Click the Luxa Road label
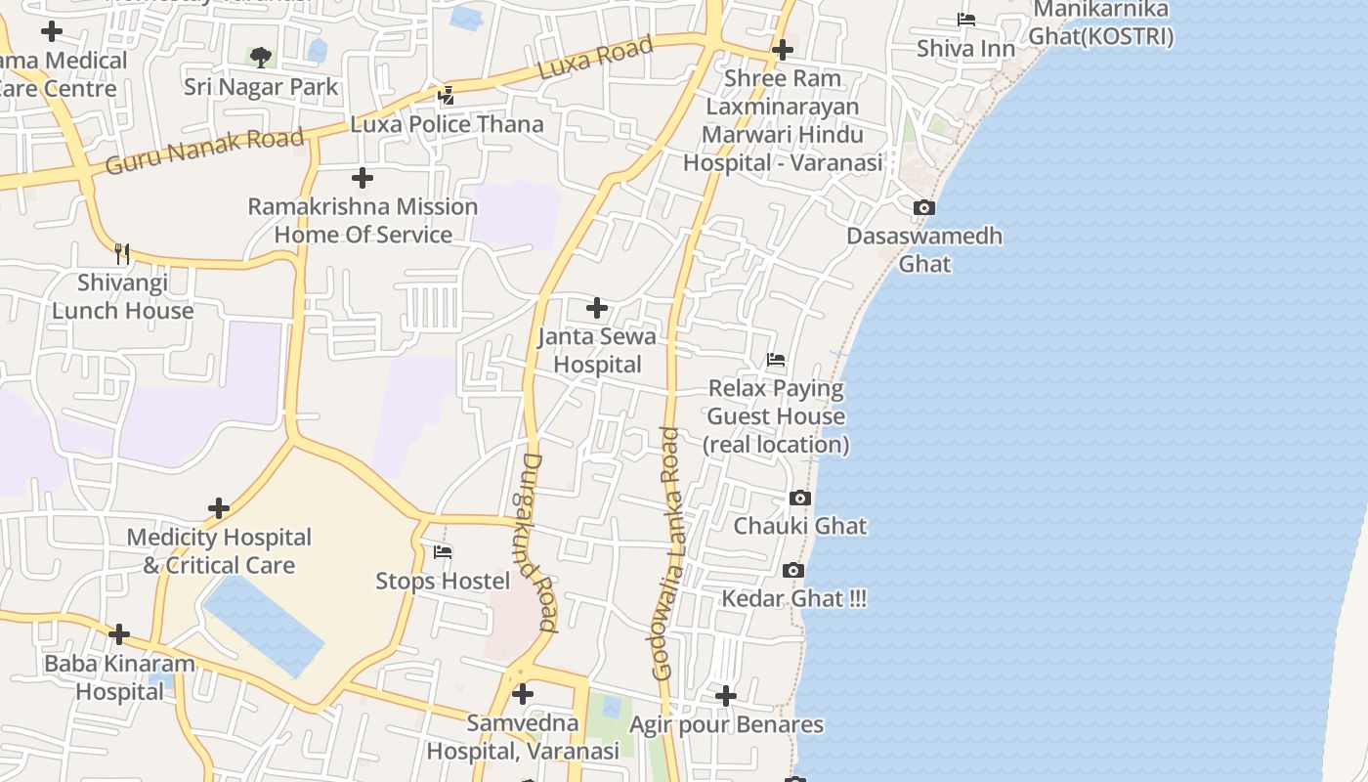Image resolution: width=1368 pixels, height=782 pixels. coord(595,60)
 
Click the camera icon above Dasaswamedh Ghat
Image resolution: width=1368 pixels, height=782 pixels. coord(923,207)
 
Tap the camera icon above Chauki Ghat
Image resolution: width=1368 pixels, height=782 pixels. coord(799,498)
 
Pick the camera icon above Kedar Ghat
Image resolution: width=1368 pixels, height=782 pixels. coord(792,570)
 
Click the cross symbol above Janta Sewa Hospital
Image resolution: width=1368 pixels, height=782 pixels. coord(596,308)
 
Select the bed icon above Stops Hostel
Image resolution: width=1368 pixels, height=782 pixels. coord(443,552)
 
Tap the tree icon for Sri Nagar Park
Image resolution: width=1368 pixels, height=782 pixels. coord(260,58)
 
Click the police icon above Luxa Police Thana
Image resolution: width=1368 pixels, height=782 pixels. coord(447,95)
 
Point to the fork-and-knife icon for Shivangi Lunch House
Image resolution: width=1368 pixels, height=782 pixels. coord(122,254)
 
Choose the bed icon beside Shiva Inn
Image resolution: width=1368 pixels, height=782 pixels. coord(965,20)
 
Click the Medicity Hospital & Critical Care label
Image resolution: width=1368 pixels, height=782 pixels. coord(219,551)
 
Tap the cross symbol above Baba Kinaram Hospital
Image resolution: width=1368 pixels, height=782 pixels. coord(119,634)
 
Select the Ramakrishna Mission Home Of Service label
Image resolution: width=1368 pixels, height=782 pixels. coord(363,221)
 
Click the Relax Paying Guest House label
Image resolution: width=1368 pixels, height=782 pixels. coord(776,416)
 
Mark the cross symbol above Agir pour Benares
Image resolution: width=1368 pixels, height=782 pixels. coord(725,696)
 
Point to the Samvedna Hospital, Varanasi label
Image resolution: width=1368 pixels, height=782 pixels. coord(523,737)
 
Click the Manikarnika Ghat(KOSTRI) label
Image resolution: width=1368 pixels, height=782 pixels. coord(1101,23)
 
